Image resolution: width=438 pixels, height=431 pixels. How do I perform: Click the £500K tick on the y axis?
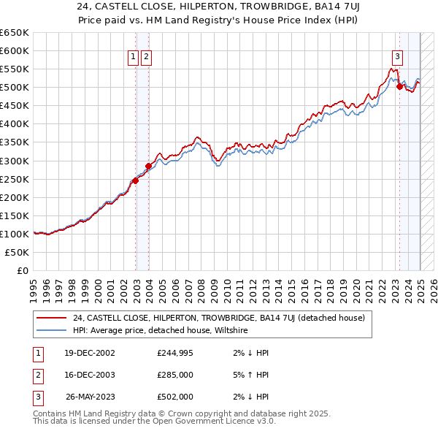15,88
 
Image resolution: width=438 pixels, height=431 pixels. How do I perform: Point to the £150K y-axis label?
15,215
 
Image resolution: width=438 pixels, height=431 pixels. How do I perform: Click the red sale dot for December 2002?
136,181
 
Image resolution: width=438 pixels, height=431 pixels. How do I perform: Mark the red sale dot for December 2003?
148,166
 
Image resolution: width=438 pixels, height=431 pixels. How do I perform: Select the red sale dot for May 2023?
399,86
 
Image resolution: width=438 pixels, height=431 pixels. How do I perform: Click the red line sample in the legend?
52,318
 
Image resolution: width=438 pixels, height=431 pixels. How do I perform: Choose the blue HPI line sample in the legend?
52,330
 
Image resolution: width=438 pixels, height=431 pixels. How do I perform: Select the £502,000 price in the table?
175,397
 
